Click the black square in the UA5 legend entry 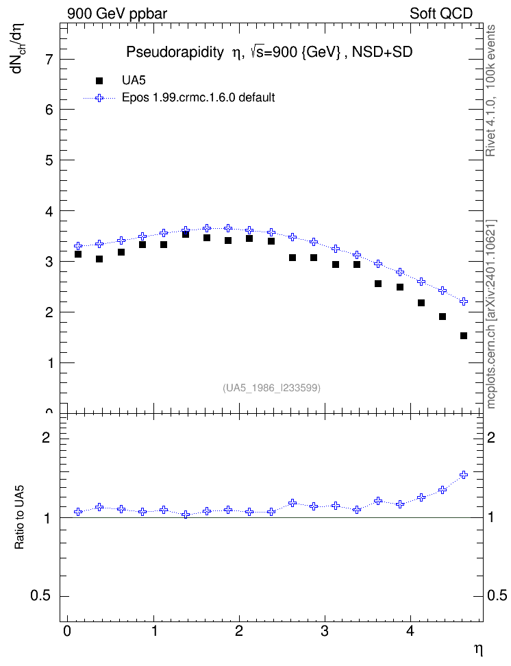[x=99, y=80]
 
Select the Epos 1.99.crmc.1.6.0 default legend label [x=199, y=98]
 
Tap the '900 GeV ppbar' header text [x=117, y=14]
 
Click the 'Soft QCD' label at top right [x=441, y=14]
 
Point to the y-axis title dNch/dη [x=18, y=48]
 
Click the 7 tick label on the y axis [x=50, y=59]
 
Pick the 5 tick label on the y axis [x=50, y=160]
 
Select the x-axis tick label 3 [x=325, y=631]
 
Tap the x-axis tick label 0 [x=67, y=631]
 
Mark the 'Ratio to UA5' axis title [x=19, y=517]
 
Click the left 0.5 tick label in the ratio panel [x=40, y=595]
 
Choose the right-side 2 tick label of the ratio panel [x=491, y=437]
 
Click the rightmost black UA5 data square [x=464, y=336]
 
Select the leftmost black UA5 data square [x=77, y=254]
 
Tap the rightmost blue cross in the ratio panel [x=464, y=474]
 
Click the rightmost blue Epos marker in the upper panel [x=464, y=301]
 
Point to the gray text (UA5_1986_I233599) [x=271, y=388]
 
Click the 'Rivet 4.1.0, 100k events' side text [x=490, y=90]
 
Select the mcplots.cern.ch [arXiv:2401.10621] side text [x=491, y=314]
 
